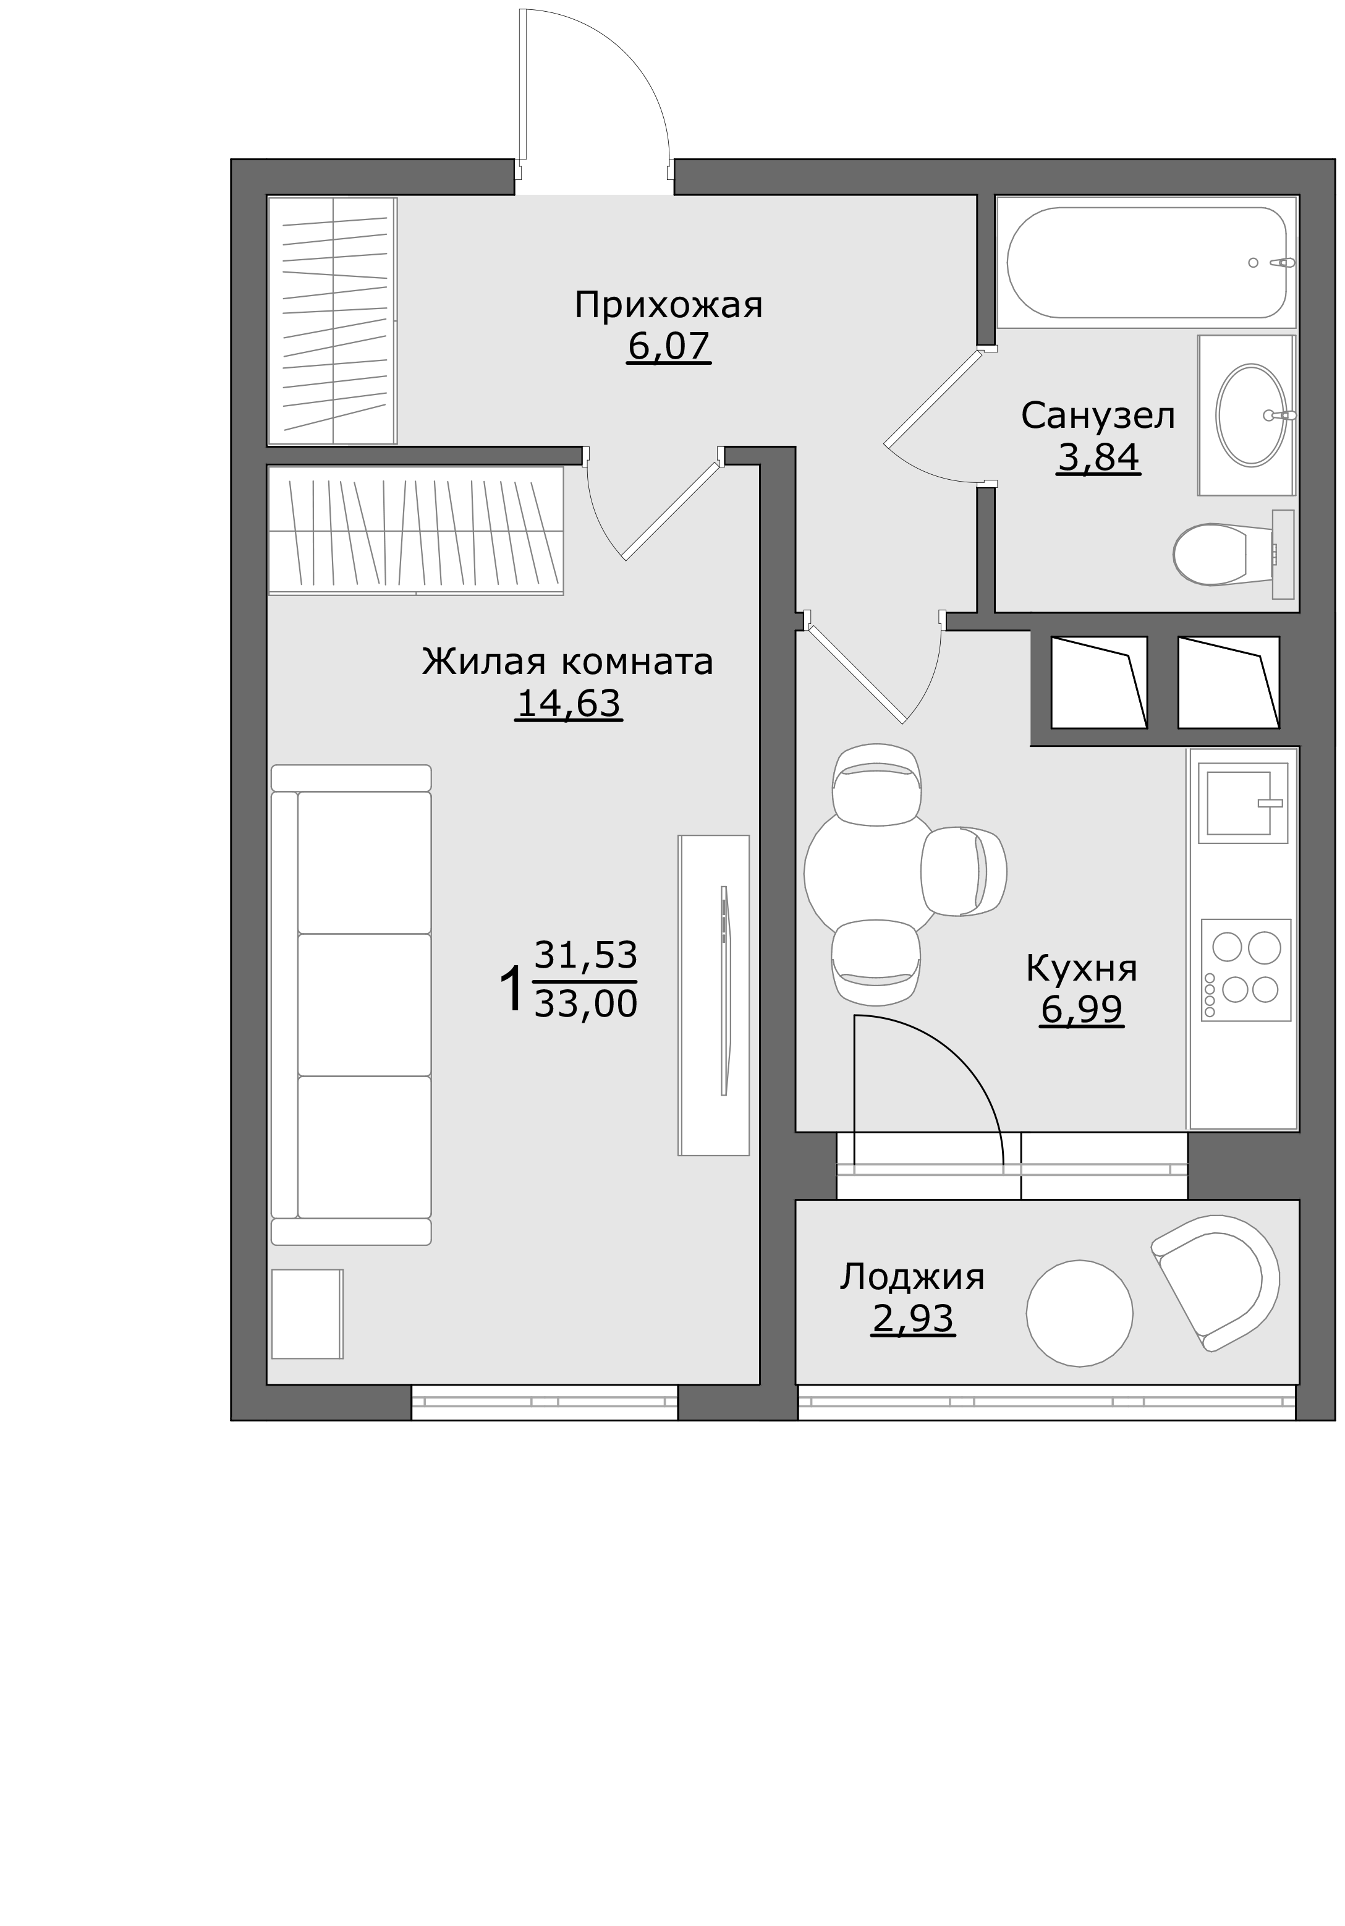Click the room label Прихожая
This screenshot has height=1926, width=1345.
click(x=668, y=306)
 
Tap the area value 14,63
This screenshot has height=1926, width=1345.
click(x=569, y=703)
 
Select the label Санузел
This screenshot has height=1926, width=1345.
click(x=1098, y=416)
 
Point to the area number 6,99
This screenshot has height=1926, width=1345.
click(x=1081, y=1009)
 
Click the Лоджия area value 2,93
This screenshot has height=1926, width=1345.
click(x=912, y=1319)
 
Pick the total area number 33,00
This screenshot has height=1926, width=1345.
click(x=585, y=1003)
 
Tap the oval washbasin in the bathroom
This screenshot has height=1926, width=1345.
click(x=1250, y=415)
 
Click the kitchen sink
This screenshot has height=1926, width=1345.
click(x=1242, y=803)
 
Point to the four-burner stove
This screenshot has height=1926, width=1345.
click(x=1245, y=969)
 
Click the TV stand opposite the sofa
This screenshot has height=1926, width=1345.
click(x=713, y=995)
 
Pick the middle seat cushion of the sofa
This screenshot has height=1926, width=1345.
click(x=364, y=1004)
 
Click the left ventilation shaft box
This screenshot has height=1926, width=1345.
click(x=1098, y=682)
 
